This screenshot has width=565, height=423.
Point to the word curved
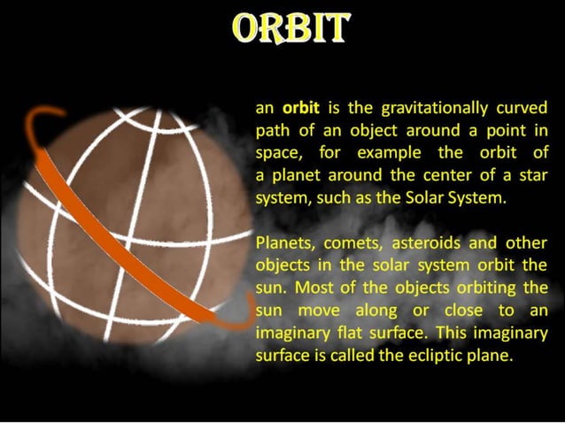pos(523,109)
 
